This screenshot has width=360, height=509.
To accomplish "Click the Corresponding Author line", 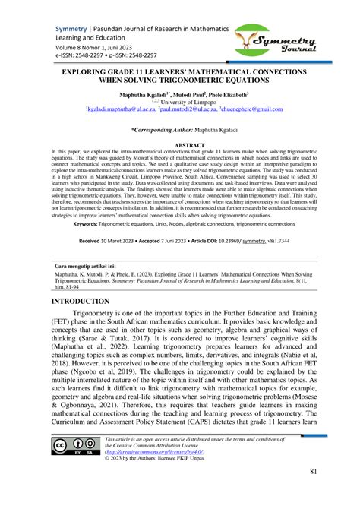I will (179, 130).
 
